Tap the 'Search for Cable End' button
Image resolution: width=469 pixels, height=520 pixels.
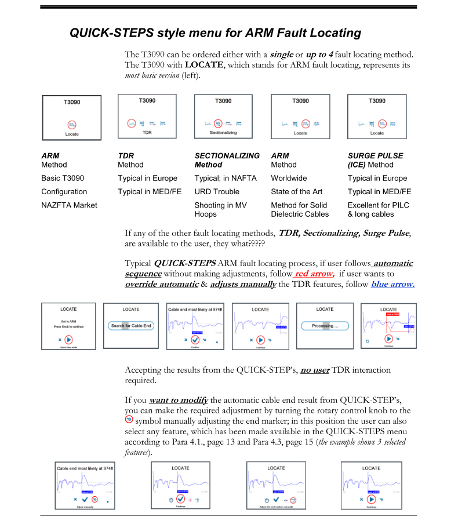pyautogui.click(x=131, y=326)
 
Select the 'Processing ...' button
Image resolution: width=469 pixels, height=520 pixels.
pyautogui.click(x=325, y=326)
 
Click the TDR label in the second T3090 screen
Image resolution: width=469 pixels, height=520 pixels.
pyautogui.click(x=147, y=132)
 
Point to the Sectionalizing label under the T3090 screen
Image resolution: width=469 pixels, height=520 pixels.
pyautogui.click(x=223, y=133)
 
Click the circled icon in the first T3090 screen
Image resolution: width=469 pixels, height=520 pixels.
pyautogui.click(x=71, y=124)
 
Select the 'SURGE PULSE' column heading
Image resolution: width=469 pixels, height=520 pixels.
pyautogui.click(x=375, y=156)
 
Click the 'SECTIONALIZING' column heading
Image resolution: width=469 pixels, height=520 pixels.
pyautogui.click(x=227, y=156)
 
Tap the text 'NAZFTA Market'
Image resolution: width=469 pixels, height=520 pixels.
pyautogui.click(x=70, y=205)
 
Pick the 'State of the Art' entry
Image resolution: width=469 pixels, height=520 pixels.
pyautogui.click(x=296, y=192)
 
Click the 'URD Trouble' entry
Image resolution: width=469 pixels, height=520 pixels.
pyautogui.click(x=217, y=192)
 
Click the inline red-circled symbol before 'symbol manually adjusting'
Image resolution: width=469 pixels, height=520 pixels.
pyautogui.click(x=129, y=420)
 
